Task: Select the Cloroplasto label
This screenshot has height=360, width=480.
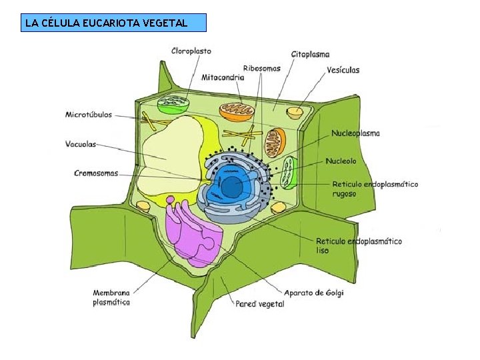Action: pyautogui.click(x=191, y=51)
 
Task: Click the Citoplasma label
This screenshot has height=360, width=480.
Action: pyautogui.click(x=310, y=54)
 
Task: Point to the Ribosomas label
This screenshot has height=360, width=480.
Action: pyautogui.click(x=262, y=68)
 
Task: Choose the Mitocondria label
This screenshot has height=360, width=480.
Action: pyautogui.click(x=223, y=77)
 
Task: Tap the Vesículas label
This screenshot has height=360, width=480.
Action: pyautogui.click(x=343, y=69)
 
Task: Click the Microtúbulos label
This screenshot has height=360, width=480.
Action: pyautogui.click(x=89, y=115)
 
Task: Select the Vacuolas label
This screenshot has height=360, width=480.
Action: pyautogui.click(x=81, y=143)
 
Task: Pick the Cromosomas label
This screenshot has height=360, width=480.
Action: pyautogui.click(x=96, y=173)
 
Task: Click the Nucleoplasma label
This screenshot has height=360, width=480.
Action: pyautogui.click(x=355, y=133)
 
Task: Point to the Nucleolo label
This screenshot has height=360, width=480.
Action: pyautogui.click(x=341, y=161)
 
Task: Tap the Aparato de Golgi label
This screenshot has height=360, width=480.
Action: pyautogui.click(x=314, y=293)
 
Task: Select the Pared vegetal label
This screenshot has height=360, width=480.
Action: pyautogui.click(x=259, y=304)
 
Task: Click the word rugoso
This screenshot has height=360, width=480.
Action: pyautogui.click(x=344, y=194)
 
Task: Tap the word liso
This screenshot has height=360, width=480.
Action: pyautogui.click(x=322, y=251)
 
